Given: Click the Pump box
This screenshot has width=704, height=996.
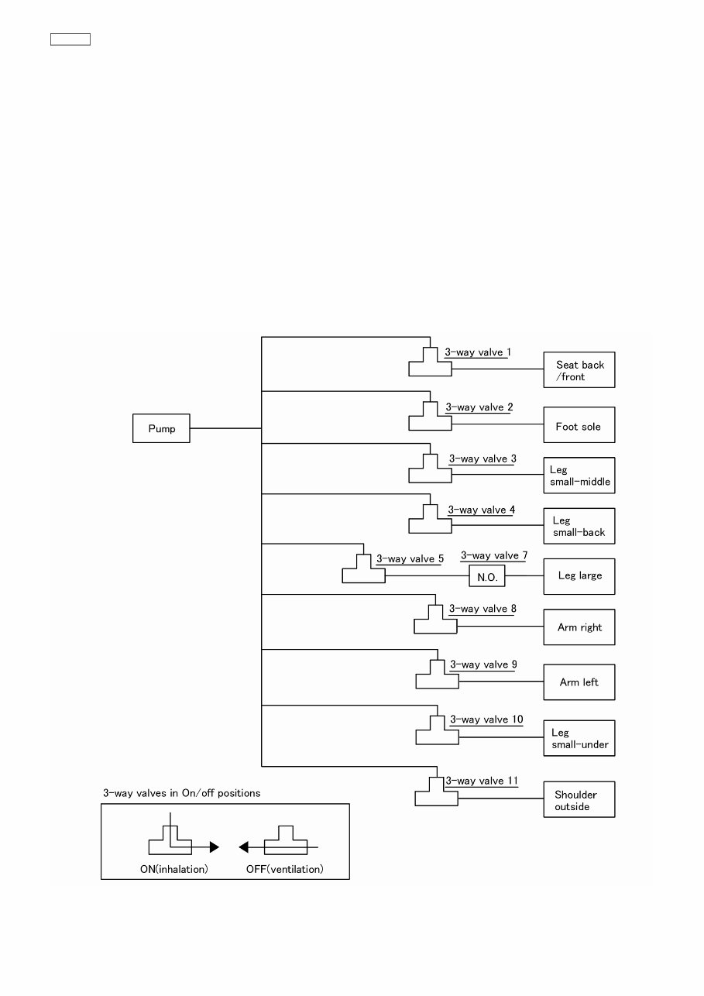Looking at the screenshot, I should pyautogui.click(x=161, y=428).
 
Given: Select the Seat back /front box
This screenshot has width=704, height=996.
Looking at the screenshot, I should pyautogui.click(x=579, y=370).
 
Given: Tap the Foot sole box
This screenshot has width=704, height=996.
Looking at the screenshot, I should pyautogui.click(x=579, y=425).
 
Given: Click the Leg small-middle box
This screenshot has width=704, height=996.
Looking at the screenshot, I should pyautogui.click(x=579, y=476).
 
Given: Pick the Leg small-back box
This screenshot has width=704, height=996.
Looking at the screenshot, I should pyautogui.click(x=579, y=527).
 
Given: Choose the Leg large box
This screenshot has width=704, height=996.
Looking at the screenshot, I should pyautogui.click(x=579, y=576).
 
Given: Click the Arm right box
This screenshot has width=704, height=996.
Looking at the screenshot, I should pyautogui.click(x=579, y=627).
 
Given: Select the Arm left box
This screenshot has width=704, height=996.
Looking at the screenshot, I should pyautogui.click(x=579, y=682).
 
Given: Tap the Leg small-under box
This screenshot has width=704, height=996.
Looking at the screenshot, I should pyautogui.click(x=579, y=738).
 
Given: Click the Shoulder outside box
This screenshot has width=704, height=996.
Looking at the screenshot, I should pyautogui.click(x=579, y=800).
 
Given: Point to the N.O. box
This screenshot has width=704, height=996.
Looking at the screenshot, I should pyautogui.click(x=486, y=578).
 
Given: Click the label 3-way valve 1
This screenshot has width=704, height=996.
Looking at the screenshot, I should pyautogui.click(x=478, y=352).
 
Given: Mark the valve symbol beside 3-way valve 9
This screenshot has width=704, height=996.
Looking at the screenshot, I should pyautogui.click(x=437, y=676).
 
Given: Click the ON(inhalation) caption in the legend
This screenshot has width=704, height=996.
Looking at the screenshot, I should pyautogui.click(x=174, y=869).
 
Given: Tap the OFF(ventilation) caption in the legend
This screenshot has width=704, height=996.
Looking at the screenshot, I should pyautogui.click(x=285, y=869).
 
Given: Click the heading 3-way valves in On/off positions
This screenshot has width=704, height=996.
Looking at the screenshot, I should pyautogui.click(x=182, y=793).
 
